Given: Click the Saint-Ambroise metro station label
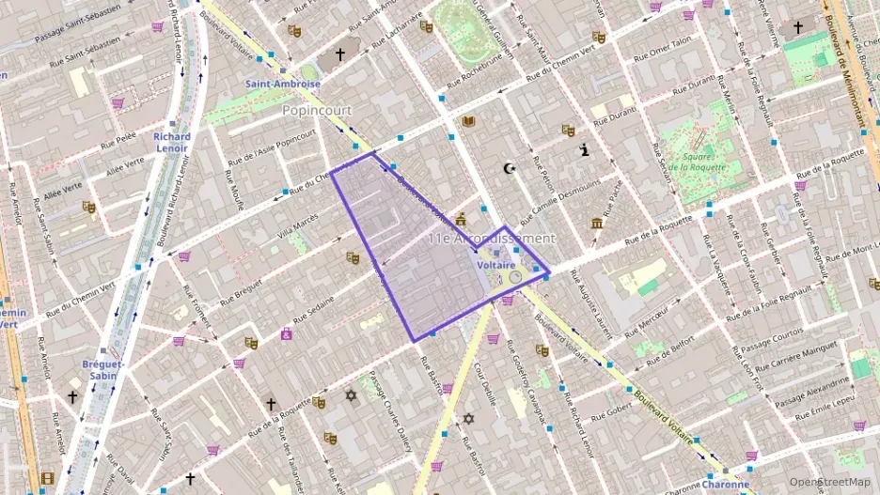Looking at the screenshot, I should (283, 84).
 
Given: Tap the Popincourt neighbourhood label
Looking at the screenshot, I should (317, 110).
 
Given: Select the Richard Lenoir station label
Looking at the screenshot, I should (172, 142).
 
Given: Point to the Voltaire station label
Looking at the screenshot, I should (495, 266).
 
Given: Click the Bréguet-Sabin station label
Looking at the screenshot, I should (103, 369).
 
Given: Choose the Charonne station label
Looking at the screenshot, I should (726, 485).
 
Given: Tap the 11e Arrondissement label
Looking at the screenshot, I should (491, 239).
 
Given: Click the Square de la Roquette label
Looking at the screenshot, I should (709, 161).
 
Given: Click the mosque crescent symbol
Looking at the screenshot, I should (511, 169).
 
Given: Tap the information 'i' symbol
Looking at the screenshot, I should (585, 149).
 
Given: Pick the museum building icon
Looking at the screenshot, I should (597, 223).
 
